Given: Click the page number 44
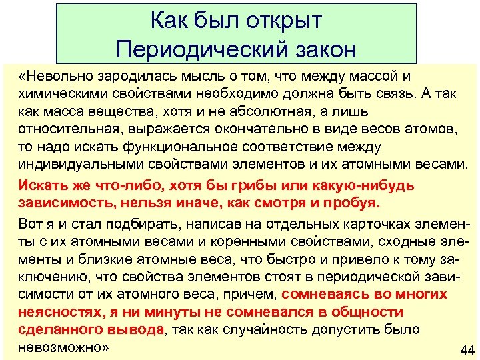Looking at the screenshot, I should (467, 351).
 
